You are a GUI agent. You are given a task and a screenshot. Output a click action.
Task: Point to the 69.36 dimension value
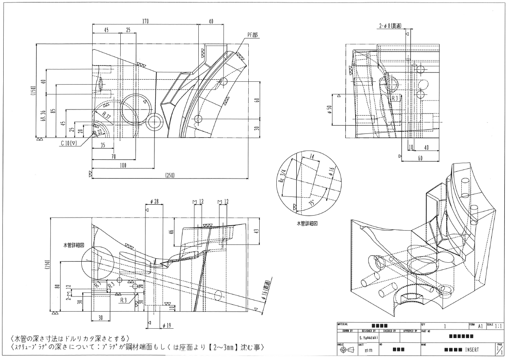click(x=43, y=118)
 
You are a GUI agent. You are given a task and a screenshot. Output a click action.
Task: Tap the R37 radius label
click(x=106, y=115)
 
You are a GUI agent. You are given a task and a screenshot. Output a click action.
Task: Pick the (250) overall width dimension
click(x=170, y=175)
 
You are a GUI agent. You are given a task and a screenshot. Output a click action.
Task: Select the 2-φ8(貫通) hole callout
click(x=391, y=26)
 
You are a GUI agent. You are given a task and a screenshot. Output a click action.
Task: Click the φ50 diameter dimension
click(x=329, y=110)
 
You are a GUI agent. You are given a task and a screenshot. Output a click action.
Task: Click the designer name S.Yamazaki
click(x=369, y=338)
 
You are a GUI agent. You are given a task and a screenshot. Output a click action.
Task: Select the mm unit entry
click(x=369, y=349)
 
